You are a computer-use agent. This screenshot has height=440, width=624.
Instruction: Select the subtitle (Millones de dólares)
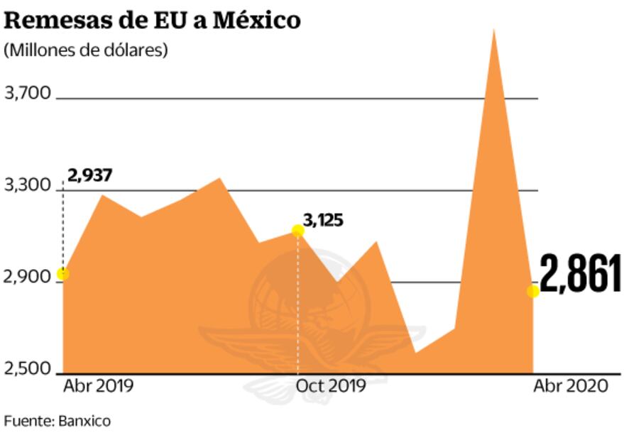(x=86, y=51)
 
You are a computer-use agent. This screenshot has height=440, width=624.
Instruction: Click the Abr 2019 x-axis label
(x=98, y=386)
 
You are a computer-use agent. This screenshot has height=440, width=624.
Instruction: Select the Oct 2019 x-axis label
(x=331, y=386)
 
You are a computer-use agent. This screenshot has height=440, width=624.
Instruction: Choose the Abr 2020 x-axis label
(x=570, y=386)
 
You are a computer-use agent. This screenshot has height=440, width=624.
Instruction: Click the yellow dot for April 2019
(x=63, y=274)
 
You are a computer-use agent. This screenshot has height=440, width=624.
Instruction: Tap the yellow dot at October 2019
(x=298, y=231)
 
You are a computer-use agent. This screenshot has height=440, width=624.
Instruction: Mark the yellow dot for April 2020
(x=533, y=291)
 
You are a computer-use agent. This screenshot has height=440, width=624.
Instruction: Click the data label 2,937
(x=90, y=175)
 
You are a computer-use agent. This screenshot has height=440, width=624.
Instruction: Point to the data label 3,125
(x=323, y=219)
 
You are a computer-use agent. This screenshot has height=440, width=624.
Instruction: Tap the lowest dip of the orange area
(x=415, y=351)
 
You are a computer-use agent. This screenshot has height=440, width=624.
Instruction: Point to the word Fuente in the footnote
(x=26, y=421)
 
